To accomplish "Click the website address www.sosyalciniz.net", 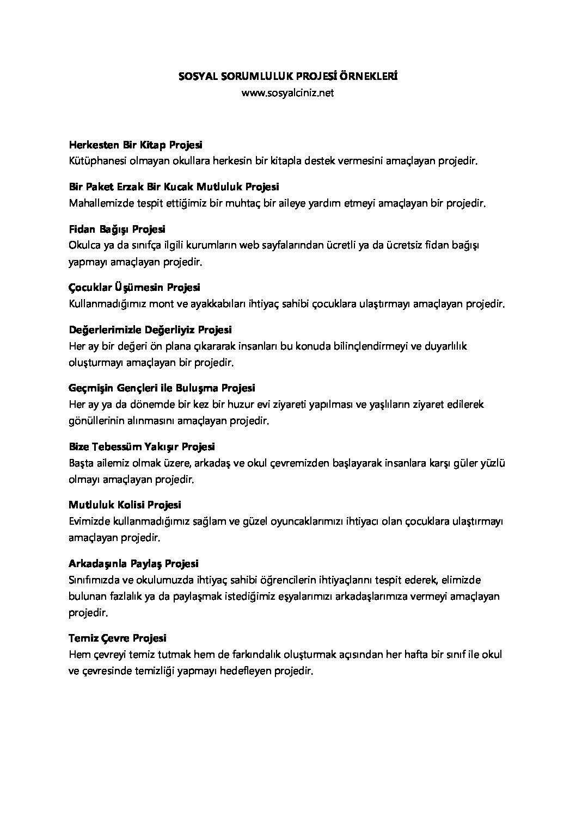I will coord(287,93).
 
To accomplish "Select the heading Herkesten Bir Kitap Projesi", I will coord(136,145).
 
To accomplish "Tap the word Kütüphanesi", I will coord(96,161).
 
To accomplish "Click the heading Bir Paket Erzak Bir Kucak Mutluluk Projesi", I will coord(174,187).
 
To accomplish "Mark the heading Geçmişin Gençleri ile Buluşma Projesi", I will coord(162,388).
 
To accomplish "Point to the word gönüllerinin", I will coord(97,421).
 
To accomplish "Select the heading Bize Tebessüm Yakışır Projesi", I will coord(142,447).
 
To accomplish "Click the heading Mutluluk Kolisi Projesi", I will coord(125,506).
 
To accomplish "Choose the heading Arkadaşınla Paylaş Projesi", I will coord(134,564).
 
